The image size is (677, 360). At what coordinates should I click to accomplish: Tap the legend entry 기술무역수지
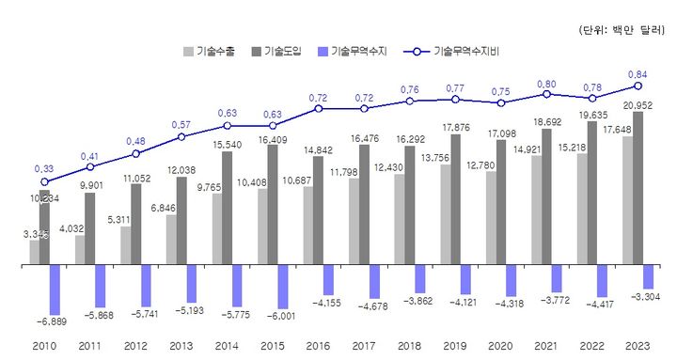coord(353,53)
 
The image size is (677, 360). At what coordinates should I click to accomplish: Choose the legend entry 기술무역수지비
coord(450,53)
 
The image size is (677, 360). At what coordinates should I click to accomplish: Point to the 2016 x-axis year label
coord(319,348)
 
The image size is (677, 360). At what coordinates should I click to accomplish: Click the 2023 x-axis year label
coord(637,348)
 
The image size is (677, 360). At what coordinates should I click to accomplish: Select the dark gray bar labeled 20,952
coord(638,188)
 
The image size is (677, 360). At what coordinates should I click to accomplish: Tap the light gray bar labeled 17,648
coord(627,201)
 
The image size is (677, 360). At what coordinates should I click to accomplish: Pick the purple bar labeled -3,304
coord(649,277)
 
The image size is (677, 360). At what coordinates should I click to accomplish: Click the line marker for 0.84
coord(638,86)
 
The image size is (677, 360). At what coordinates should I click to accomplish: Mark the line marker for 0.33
coord(44,181)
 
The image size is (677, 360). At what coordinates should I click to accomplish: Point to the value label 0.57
coord(181,123)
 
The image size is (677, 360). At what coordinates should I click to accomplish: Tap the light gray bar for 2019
coord(445,215)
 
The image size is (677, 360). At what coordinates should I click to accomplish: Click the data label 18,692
coord(545,122)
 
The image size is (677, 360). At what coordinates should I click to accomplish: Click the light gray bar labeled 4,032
coord(80,250)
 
